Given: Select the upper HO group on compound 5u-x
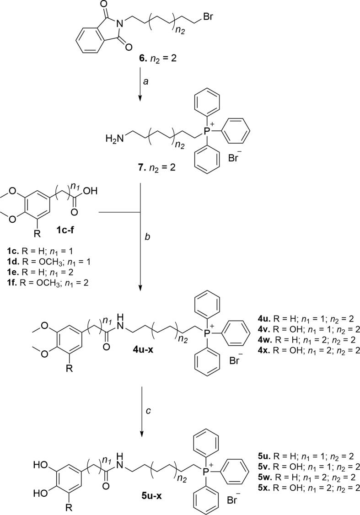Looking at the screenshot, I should pyautogui.click(x=39, y=463).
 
